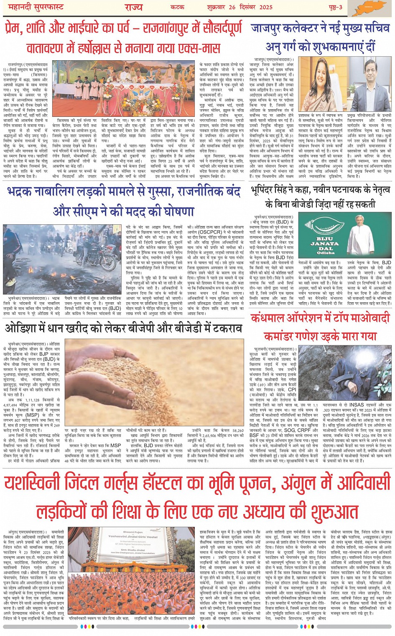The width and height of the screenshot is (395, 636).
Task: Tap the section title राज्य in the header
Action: tap(133, 7)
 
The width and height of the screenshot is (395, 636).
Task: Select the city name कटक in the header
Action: tap(177, 8)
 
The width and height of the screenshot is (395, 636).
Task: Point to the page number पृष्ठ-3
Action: tap(335, 8)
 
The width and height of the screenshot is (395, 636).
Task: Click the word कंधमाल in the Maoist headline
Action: tap(268, 319)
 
